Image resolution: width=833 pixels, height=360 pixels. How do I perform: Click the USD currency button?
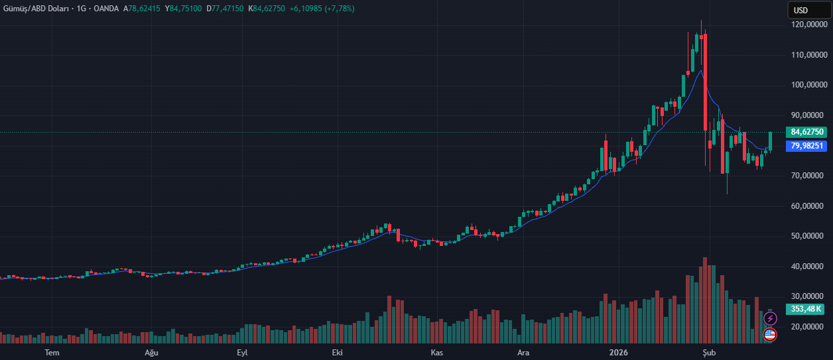click(x=801, y=10)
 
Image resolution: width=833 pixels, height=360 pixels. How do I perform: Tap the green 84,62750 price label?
click(x=806, y=132)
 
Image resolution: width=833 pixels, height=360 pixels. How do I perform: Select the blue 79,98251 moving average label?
click(x=806, y=146)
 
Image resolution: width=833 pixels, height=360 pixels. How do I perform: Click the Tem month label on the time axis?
click(x=52, y=353)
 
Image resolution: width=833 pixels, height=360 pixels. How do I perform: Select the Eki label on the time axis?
click(x=337, y=353)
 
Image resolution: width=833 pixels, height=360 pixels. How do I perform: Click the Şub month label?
click(x=709, y=353)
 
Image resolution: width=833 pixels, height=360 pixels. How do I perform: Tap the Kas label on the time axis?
click(x=436, y=353)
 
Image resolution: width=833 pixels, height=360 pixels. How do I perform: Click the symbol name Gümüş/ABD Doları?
click(x=32, y=9)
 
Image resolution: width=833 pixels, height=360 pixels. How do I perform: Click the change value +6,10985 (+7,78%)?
click(x=322, y=9)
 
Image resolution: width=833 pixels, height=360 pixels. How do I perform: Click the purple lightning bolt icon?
click(x=770, y=319)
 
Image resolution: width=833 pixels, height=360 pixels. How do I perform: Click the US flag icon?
click(x=770, y=334)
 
